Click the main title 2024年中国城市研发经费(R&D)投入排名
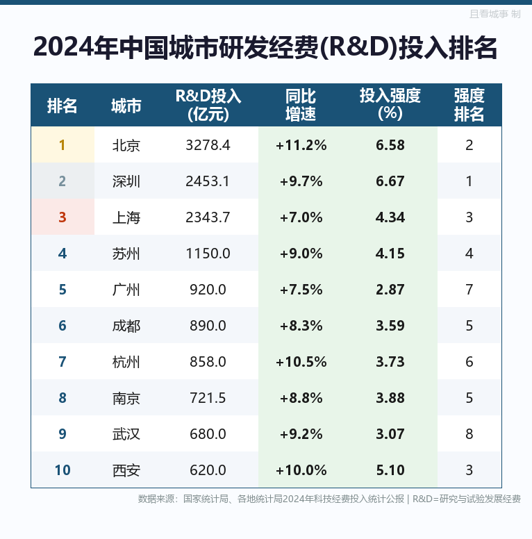coord(265,47)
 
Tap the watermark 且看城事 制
coord(495,14)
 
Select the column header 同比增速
coord(301,105)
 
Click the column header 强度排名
coord(469,105)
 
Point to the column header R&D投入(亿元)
coord(208,105)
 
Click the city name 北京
coord(126,145)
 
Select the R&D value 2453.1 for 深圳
coord(208,181)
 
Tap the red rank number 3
coord(63,217)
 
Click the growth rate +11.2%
coord(301,145)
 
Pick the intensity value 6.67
coord(390,181)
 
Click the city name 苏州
coord(126,254)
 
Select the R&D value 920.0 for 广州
coord(208,290)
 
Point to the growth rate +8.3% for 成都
coord(301,326)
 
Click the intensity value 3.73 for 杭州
coord(390,362)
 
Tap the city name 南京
coord(126,398)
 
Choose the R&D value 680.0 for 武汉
coord(208,434)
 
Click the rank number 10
coord(63,470)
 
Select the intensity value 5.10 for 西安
coord(390,470)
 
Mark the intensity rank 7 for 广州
coord(469,290)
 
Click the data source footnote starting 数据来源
coord(329,499)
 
